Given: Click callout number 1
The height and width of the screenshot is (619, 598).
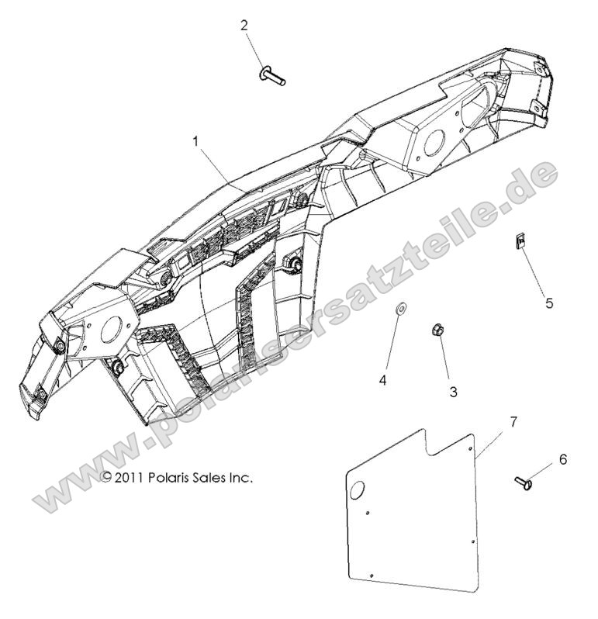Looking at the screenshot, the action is click(195, 142).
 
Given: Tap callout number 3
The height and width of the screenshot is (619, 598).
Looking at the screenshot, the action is click(453, 392).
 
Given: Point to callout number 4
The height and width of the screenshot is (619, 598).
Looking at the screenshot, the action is click(382, 379).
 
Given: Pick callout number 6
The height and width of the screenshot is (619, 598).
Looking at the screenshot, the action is click(562, 459).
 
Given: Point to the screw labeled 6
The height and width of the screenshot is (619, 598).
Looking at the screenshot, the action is click(522, 482).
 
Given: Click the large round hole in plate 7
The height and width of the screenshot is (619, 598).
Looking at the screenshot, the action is click(359, 489).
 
